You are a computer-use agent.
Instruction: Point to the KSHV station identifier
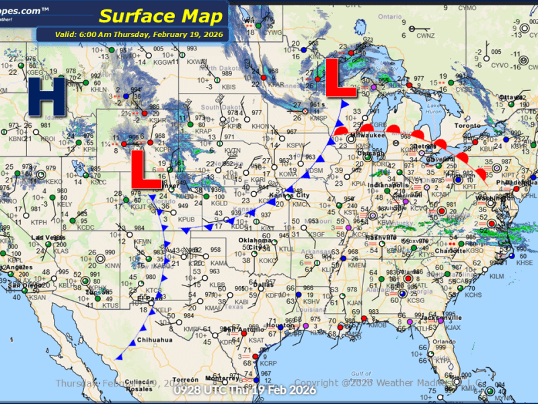(311, 301)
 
